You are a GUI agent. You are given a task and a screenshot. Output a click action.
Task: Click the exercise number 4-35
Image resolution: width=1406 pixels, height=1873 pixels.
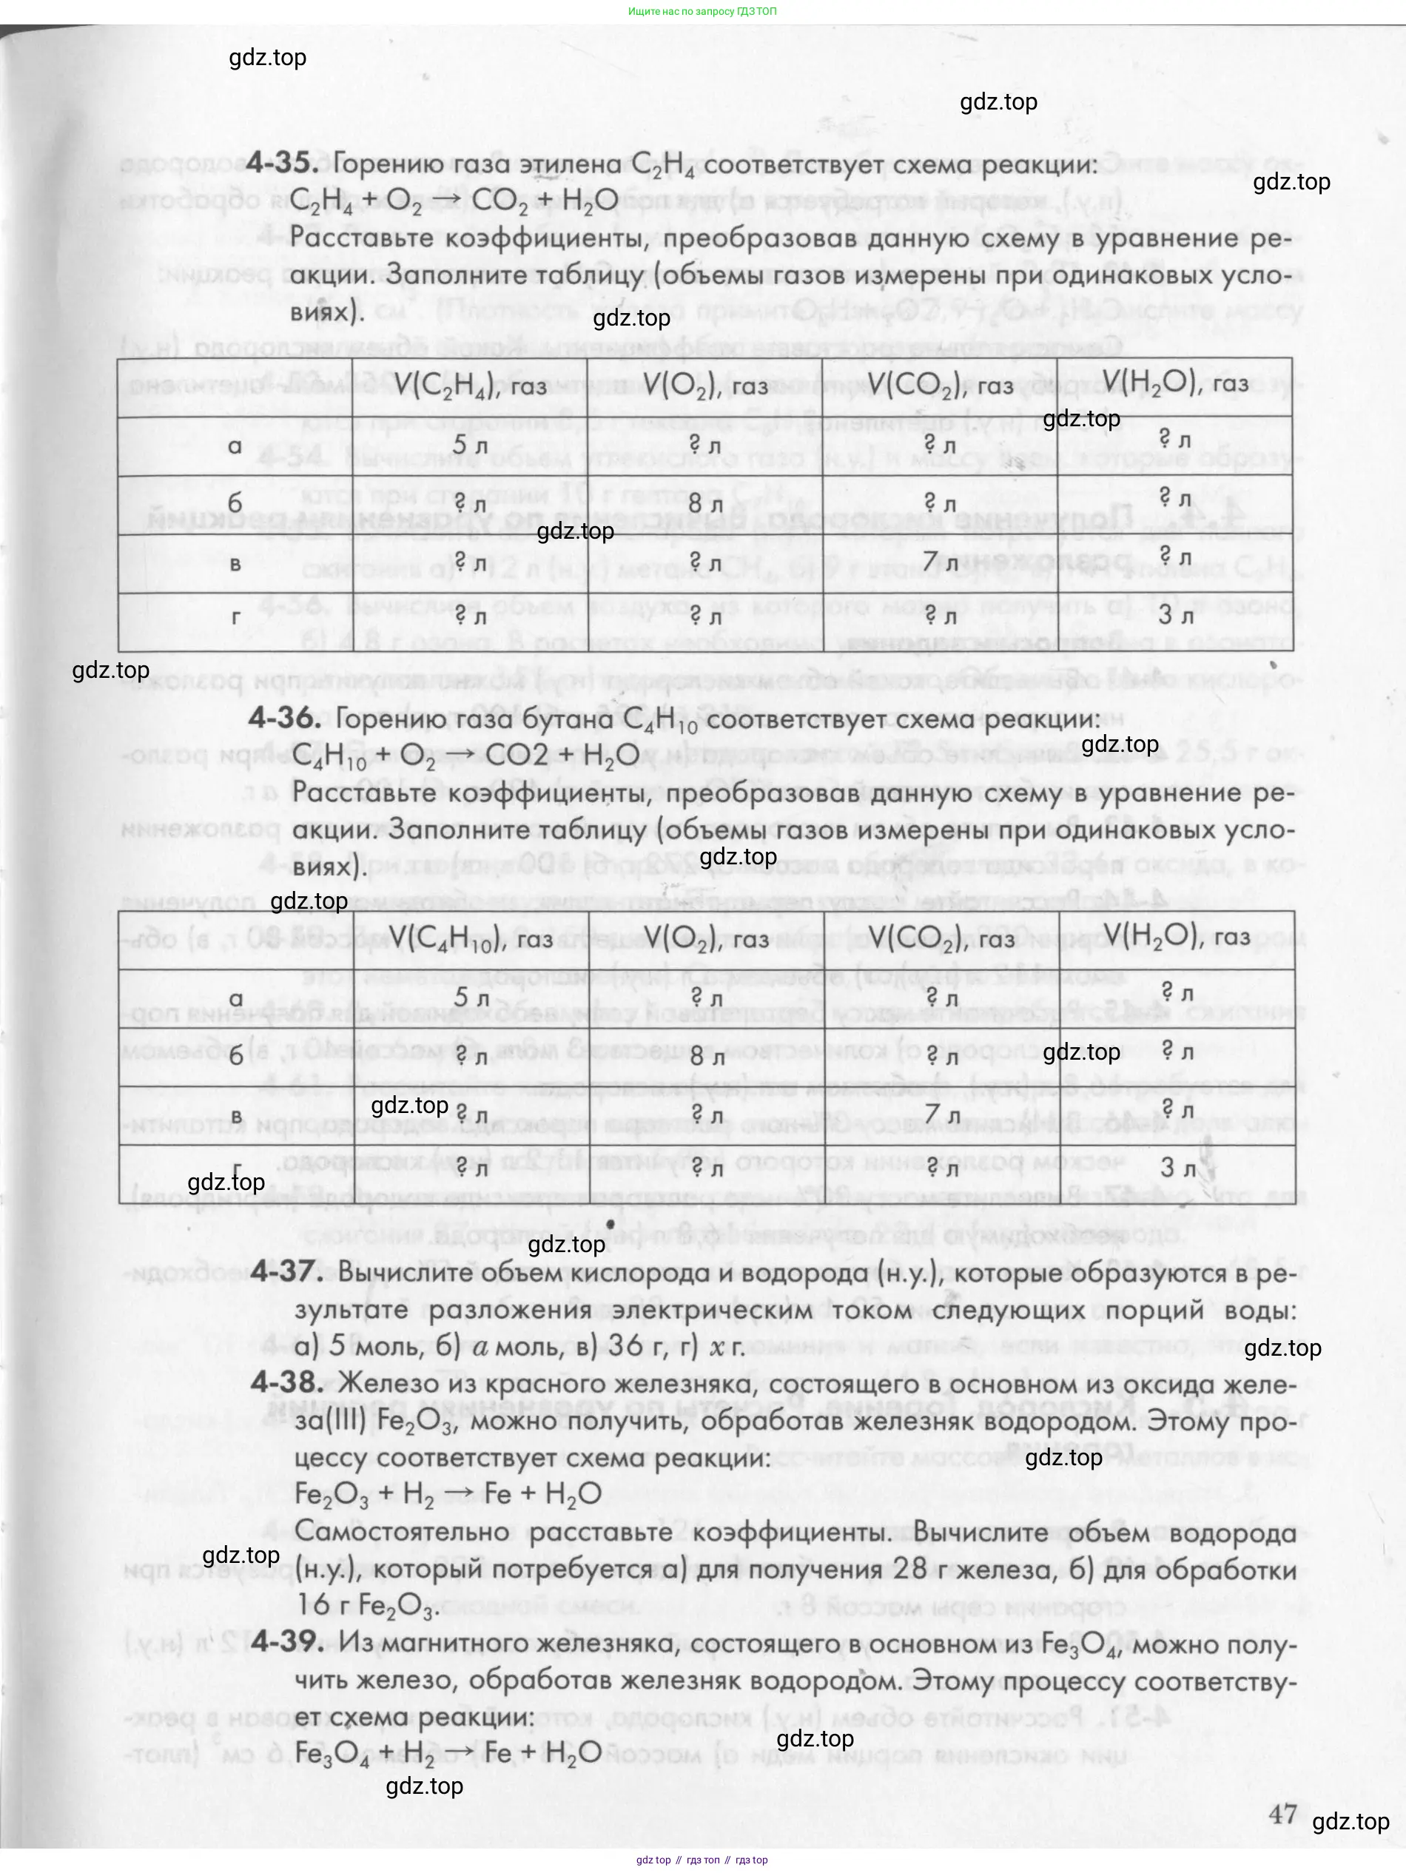point(283,163)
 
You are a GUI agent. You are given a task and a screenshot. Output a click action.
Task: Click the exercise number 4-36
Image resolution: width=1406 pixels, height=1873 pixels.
point(283,718)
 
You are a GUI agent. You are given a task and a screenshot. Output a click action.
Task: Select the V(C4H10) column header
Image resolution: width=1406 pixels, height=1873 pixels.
point(471,938)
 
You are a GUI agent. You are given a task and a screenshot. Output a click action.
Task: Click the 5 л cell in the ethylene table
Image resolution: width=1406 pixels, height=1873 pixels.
point(471,445)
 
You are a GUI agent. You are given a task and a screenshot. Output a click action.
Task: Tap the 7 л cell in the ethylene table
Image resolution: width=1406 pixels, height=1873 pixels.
point(940,562)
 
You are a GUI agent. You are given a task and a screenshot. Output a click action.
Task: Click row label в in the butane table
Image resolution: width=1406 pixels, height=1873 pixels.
point(237,1116)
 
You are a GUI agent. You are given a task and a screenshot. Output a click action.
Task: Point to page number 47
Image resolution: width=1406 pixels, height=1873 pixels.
point(1283,1814)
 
